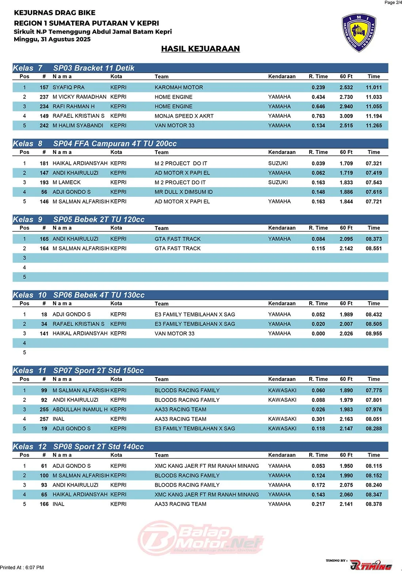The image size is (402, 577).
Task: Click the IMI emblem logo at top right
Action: (x=359, y=33)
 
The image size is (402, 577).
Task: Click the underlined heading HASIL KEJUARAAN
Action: (x=200, y=49)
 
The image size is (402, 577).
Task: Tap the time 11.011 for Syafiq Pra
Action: (x=373, y=87)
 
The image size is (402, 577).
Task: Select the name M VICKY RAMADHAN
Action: (x=79, y=97)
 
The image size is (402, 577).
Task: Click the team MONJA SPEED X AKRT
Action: (x=184, y=116)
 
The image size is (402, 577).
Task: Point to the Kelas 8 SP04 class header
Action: (x=95, y=144)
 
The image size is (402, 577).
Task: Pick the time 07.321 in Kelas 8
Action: (x=373, y=163)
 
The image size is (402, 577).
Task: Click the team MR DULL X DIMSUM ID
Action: (x=183, y=192)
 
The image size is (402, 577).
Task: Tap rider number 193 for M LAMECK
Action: (x=44, y=182)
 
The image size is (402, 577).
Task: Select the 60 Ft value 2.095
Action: (x=346, y=239)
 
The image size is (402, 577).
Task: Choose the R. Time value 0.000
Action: (x=318, y=333)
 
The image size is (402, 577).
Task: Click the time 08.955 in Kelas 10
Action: (x=373, y=333)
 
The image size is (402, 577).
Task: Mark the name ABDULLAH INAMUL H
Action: (x=80, y=410)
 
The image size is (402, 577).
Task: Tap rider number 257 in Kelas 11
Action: (x=44, y=419)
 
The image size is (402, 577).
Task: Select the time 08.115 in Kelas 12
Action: (x=373, y=466)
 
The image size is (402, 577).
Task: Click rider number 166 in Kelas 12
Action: (x=44, y=504)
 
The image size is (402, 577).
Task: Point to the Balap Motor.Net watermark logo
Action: (x=201, y=538)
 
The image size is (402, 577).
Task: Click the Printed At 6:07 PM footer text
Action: (x=22, y=567)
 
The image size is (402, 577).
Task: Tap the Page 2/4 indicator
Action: (x=393, y=3)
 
